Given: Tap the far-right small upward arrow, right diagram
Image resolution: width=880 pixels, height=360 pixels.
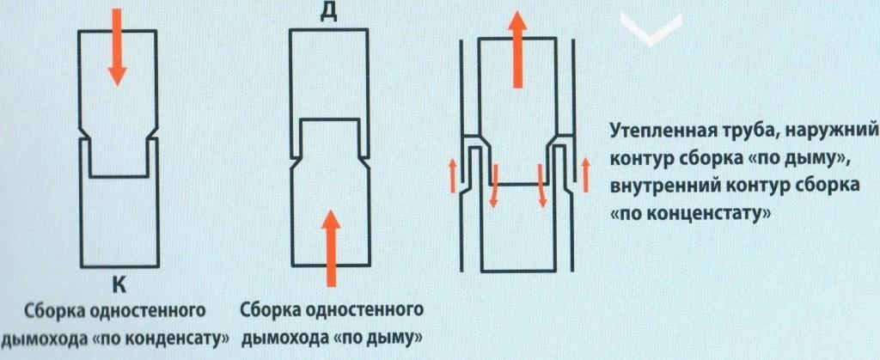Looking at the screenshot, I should pyautogui.click(x=586, y=174).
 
